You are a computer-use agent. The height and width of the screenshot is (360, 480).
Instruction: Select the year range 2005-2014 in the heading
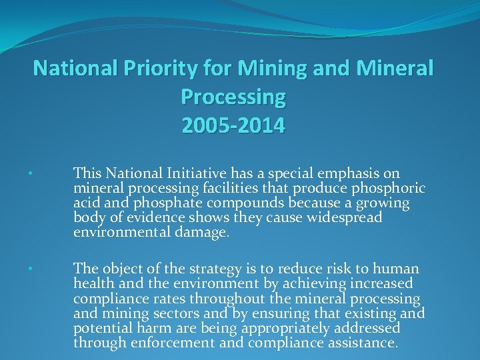[x=233, y=125]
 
